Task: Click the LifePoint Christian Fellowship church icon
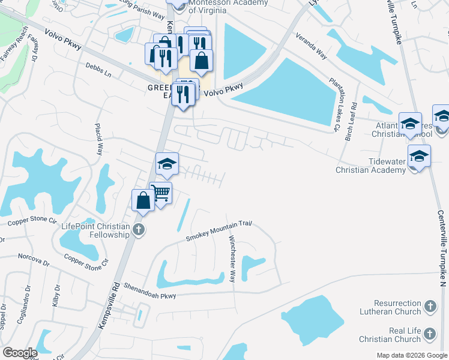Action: (x=139, y=229)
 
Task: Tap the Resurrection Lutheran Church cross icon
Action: (x=430, y=307)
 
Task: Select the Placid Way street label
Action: (x=98, y=139)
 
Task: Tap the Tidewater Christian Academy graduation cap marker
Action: (x=418, y=157)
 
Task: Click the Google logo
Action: (x=19, y=353)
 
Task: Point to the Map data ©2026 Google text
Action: (x=411, y=355)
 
